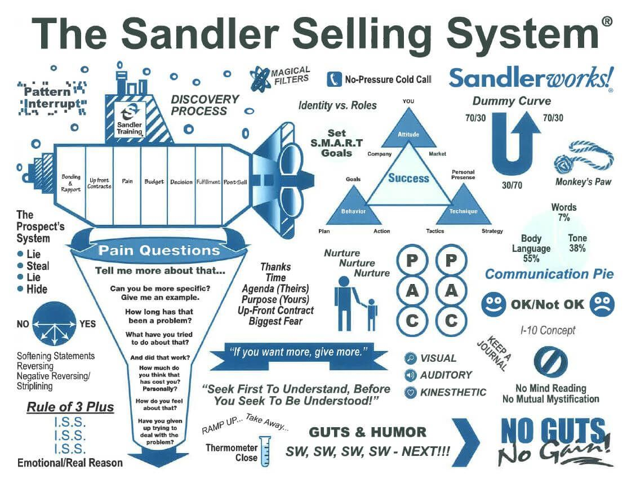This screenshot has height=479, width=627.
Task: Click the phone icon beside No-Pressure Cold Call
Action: tap(334, 79)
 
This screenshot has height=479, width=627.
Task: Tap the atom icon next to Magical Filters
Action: tap(260, 78)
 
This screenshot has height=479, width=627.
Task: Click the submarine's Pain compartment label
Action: tap(127, 181)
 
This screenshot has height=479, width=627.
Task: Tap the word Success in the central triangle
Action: tap(408, 178)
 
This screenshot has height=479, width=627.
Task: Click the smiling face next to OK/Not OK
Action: tap(493, 304)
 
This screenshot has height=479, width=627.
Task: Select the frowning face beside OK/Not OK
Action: tap(602, 304)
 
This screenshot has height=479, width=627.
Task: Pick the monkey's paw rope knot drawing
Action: tap(584, 157)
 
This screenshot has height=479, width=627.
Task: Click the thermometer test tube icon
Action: tap(265, 451)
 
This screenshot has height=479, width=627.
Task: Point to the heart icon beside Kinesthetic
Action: tap(410, 393)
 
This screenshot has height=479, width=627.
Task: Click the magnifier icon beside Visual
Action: tap(410, 358)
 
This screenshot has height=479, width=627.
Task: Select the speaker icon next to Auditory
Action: tap(410, 375)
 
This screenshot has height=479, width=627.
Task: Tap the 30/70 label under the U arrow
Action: tap(512, 185)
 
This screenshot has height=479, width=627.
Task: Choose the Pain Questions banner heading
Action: tap(159, 251)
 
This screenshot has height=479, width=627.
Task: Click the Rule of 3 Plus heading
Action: tap(70, 407)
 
